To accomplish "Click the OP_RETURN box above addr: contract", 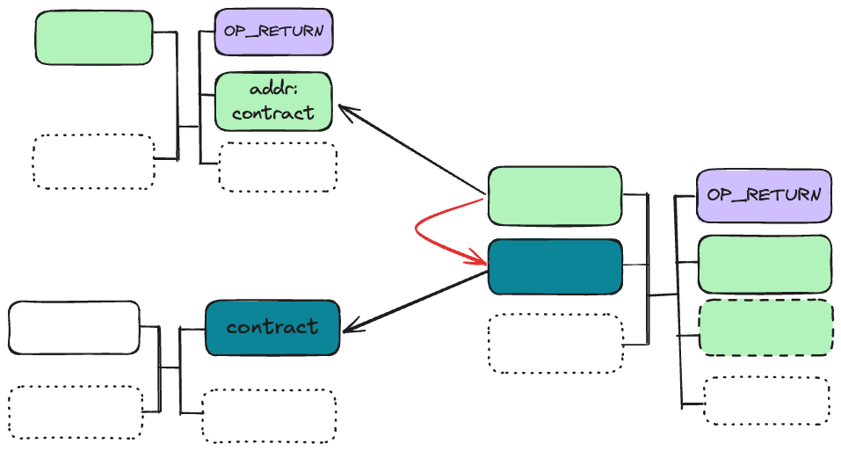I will (x=273, y=33).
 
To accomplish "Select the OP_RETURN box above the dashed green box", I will (x=764, y=195).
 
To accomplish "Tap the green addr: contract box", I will (x=273, y=101).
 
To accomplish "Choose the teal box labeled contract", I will (x=272, y=328).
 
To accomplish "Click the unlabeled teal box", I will (x=555, y=266).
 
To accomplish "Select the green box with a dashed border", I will (x=765, y=328).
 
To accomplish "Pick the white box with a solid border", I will (x=74, y=328).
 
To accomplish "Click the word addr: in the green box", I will (x=273, y=90).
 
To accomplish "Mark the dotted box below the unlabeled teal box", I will (x=555, y=343).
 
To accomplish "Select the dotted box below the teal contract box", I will (x=269, y=415).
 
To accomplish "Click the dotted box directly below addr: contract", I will (x=278, y=167).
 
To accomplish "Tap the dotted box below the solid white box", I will (x=76, y=411).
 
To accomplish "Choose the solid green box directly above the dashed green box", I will (x=765, y=264).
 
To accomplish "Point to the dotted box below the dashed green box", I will (x=765, y=401).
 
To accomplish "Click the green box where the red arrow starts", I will (x=555, y=195).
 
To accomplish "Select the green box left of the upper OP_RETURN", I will (x=93, y=38).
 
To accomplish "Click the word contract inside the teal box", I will (x=272, y=328).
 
